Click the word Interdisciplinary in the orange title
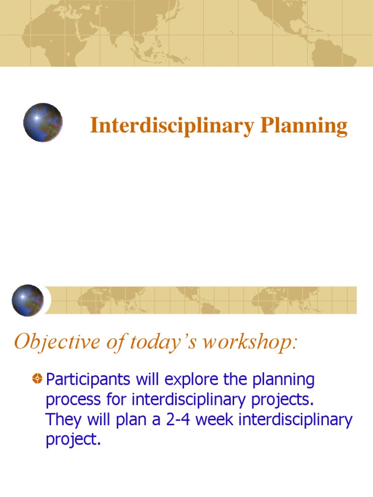(172, 126)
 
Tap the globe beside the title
(43, 122)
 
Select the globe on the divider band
(28, 300)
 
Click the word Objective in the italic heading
(46, 342)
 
